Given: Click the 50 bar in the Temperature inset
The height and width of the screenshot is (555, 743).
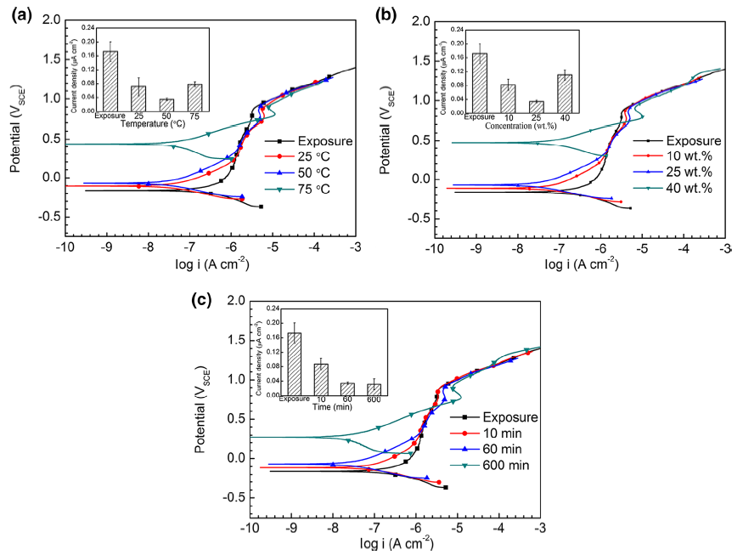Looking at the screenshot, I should (166, 105).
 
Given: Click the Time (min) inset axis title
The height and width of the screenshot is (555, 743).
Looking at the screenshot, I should (335, 409).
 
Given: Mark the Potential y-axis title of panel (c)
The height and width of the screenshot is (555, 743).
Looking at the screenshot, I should (205, 409).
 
